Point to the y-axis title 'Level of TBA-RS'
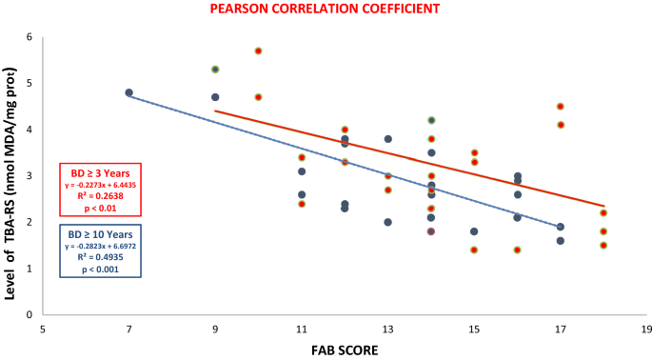12,180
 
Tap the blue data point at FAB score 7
128,92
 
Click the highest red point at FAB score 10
258,50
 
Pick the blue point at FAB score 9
215,97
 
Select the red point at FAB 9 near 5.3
215,70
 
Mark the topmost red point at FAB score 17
561,107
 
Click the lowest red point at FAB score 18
603,245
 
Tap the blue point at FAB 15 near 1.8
474,231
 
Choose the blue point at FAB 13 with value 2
388,222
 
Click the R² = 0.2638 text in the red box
100,194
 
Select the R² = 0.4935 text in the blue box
100,256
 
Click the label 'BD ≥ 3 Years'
100,172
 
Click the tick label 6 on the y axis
30,37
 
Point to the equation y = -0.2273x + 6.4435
100,184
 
